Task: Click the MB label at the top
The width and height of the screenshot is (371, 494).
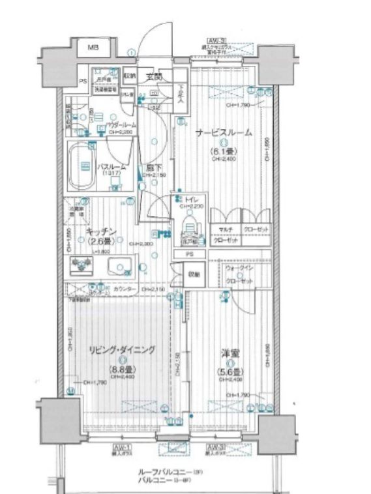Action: [94, 47]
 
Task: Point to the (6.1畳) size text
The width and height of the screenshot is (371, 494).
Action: [222, 153]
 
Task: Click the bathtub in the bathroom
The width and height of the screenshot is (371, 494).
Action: [83, 167]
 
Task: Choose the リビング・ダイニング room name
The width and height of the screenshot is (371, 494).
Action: [122, 350]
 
